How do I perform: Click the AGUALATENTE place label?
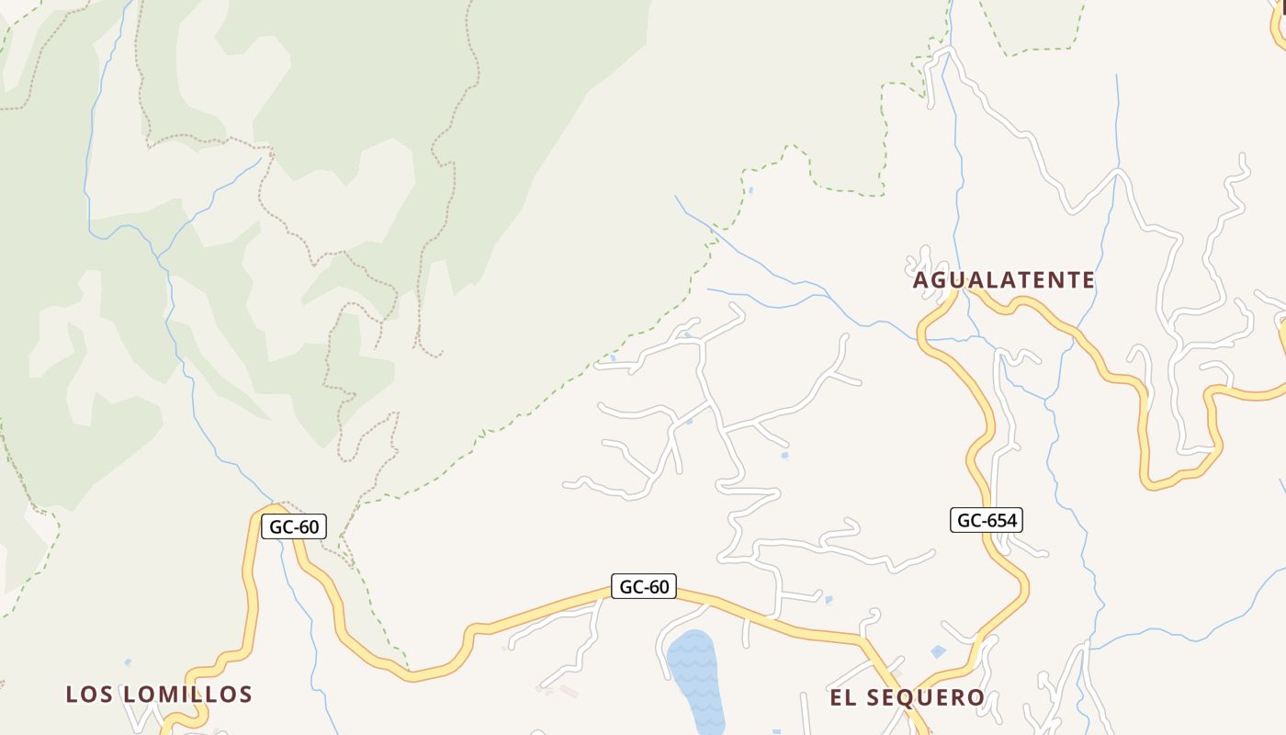1004,280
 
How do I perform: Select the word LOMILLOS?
187,695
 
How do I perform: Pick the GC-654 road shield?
987,521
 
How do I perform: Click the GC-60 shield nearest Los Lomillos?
294,527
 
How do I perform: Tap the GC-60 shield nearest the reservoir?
644,586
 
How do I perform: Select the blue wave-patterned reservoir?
696,680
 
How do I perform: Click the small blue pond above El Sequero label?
938,651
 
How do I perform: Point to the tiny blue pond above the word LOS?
127,661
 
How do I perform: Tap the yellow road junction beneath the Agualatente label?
961,291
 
